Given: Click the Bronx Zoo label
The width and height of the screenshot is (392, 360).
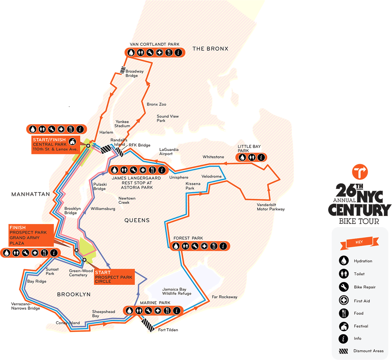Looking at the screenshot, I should [156, 104].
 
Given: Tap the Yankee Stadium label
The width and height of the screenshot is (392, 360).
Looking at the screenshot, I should [122, 124].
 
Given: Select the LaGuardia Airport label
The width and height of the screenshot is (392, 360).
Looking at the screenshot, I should [169, 152].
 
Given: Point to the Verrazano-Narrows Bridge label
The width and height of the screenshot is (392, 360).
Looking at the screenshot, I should [25, 306].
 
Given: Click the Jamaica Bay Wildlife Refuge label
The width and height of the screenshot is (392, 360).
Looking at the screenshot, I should [177, 291].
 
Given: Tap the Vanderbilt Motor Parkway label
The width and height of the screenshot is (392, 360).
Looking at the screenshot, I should [270, 207].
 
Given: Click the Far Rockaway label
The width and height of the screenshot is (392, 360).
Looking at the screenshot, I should [224, 297].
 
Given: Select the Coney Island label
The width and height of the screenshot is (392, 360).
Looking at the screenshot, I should [68, 323].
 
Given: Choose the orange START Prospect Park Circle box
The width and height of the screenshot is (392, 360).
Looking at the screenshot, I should [114, 277].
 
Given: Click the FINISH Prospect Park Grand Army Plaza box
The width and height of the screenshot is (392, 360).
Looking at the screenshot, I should [31, 235].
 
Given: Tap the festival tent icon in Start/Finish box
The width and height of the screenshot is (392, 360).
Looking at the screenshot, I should [73, 142].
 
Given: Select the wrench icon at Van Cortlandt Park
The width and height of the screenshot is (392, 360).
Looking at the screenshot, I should [150, 53].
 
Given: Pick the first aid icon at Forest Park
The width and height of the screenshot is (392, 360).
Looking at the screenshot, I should [204, 246].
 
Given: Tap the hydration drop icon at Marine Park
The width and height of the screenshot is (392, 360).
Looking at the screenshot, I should [129, 310].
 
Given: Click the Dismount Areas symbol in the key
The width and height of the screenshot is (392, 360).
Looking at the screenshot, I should [343, 352].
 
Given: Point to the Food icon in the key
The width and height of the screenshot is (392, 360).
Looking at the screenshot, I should [343, 313].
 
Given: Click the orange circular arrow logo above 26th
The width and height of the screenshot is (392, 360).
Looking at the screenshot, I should [360, 172].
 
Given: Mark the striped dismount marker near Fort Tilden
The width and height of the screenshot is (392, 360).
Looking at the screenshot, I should [148, 325].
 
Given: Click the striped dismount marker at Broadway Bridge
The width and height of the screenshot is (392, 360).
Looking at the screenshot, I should [123, 70].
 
